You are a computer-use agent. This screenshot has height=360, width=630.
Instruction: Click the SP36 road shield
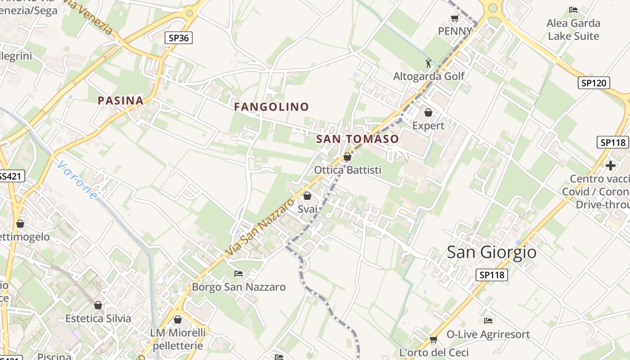179,38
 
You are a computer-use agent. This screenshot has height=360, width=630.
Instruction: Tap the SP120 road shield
594,83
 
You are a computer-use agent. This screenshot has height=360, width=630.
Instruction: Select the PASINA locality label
121,101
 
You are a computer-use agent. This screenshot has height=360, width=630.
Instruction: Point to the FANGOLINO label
271,107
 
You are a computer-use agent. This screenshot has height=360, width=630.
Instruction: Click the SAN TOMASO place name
358,139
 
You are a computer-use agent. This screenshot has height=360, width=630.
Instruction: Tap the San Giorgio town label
491,252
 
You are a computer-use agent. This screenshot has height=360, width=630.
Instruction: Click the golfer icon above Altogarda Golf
428,63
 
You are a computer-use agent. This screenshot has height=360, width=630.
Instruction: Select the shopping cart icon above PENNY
454,18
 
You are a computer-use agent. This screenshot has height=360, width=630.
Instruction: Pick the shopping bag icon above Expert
428,112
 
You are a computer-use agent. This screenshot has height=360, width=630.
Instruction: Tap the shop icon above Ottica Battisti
347,157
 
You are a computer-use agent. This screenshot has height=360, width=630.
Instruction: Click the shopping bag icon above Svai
307,196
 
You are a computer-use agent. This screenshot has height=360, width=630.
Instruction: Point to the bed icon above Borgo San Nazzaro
238,273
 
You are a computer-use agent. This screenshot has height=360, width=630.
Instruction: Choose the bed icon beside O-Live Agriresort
488,321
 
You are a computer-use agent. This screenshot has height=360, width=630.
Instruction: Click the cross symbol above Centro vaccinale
611,166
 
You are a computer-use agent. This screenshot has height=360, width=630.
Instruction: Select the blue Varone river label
77,180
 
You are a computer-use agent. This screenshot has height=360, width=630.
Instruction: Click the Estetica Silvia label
98,319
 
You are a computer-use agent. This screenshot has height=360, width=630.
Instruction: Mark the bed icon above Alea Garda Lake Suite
573,9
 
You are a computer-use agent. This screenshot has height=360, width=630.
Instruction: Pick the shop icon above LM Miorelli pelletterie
178,319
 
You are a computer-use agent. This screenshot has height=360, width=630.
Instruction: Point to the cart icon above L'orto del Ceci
433,339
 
